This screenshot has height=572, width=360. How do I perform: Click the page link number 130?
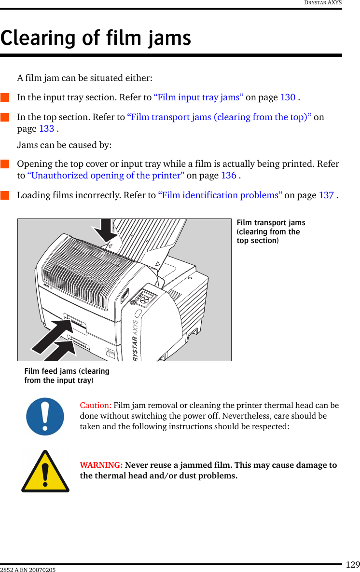[x=288, y=97]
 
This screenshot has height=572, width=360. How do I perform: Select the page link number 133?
[x=47, y=129]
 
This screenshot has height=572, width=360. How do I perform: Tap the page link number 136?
[x=229, y=176]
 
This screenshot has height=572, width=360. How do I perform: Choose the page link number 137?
[x=326, y=195]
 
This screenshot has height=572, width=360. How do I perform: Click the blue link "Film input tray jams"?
[x=198, y=97]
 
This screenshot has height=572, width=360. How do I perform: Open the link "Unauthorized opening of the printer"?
[x=105, y=176]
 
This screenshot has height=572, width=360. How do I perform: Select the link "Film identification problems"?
[x=220, y=195]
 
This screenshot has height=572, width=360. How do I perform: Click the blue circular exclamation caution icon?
[x=45, y=416]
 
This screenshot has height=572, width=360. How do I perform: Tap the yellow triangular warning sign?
[x=45, y=472]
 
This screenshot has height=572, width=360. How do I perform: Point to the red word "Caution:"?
[x=96, y=405]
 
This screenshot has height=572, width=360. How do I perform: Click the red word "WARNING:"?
[x=101, y=465]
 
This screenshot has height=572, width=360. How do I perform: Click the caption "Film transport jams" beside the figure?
[x=271, y=223]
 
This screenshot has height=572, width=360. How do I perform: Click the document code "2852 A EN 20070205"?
[x=28, y=570]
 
